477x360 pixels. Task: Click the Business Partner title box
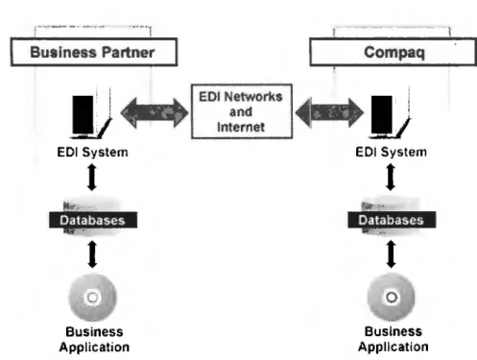(94, 52)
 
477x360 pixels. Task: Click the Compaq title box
(394, 52)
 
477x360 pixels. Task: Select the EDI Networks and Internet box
(242, 111)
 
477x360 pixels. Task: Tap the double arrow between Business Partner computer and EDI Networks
(155, 112)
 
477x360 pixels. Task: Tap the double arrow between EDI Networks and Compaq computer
(329, 112)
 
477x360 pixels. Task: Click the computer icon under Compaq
(390, 113)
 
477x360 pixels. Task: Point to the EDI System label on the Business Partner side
(92, 152)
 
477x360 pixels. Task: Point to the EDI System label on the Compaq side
(391, 152)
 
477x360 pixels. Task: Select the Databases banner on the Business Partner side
(93, 220)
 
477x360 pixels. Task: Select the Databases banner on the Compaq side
(392, 220)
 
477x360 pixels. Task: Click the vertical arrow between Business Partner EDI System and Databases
(92, 178)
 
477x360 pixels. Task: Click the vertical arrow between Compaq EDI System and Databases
(391, 178)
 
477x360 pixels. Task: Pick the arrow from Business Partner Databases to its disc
(92, 254)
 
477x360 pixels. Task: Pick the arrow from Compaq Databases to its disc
(391, 254)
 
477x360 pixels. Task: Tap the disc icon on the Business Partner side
(93, 298)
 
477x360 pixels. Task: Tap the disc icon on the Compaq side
(392, 298)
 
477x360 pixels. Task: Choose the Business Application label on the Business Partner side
(94, 339)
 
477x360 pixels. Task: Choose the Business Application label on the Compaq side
(394, 339)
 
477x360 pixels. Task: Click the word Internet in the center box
(241, 127)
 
